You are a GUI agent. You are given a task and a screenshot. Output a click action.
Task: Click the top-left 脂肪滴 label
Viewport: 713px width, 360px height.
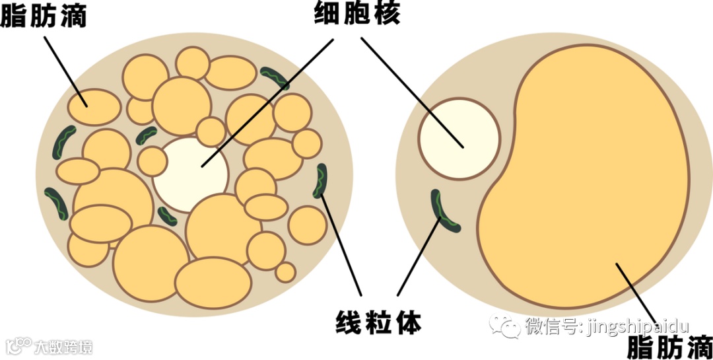click(44, 16)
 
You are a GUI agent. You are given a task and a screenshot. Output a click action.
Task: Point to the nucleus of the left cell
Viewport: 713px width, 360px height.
click(191, 174)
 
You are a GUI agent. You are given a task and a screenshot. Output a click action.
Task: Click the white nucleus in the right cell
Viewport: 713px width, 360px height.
click(459, 139)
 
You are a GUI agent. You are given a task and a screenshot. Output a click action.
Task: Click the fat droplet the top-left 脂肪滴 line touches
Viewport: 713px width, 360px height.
click(95, 108)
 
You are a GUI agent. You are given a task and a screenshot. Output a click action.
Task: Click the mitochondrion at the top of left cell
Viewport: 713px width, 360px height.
click(275, 77)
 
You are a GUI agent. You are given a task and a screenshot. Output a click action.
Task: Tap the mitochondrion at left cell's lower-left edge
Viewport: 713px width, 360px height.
click(56, 204)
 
